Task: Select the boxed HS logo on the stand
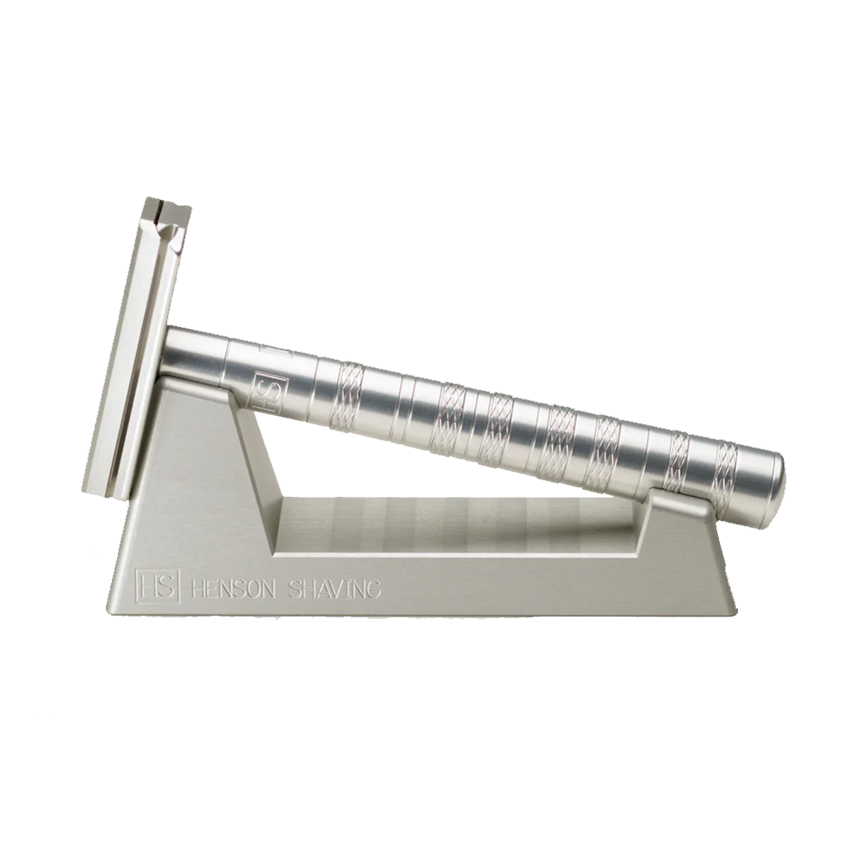(x=158, y=585)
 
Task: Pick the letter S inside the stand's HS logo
(x=164, y=585)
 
